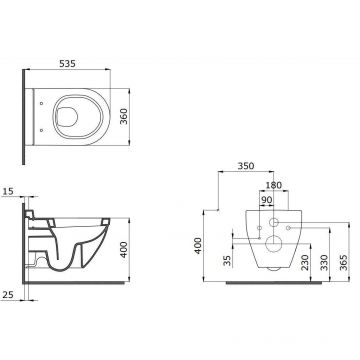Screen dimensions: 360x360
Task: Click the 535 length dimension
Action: [67, 63]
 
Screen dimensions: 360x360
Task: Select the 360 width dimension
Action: [124, 116]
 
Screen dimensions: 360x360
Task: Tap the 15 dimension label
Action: [9, 191]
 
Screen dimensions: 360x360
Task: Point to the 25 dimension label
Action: [8, 294]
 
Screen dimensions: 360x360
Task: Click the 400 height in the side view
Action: [124, 250]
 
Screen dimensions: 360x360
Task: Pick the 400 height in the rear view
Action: [198, 246]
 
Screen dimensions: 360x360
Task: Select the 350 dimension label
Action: [246, 166]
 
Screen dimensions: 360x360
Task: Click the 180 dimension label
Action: [274, 185]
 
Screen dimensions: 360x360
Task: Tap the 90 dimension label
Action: [267, 200]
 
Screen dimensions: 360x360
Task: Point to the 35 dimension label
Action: [227, 261]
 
